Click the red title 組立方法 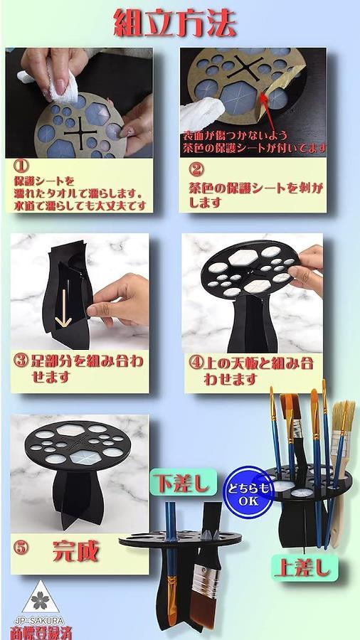(x=175, y=23)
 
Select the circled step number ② (x=196, y=169)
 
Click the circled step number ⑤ (x=21, y=548)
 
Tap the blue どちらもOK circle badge (x=248, y=493)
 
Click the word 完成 (x=76, y=551)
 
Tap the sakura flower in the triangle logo (x=40, y=600)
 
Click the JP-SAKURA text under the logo (x=39, y=620)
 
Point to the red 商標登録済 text (x=40, y=632)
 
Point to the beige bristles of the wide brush (x=343, y=415)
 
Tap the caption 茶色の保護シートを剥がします (x=256, y=195)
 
